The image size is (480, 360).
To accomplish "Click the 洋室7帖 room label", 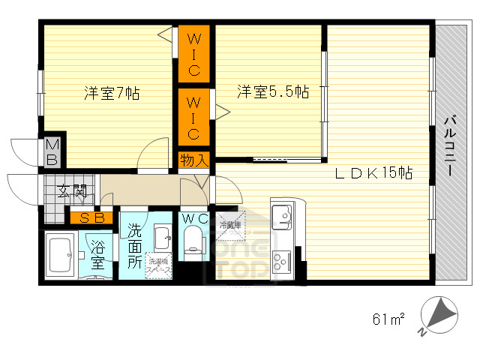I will pyautogui.click(x=111, y=94).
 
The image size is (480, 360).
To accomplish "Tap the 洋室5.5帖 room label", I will pyautogui.click(x=273, y=92).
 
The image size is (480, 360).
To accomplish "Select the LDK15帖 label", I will pyautogui.click(x=373, y=173).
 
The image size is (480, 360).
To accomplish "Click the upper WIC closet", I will pyautogui.click(x=193, y=54).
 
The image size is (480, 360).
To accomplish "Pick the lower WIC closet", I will pyautogui.click(x=193, y=117).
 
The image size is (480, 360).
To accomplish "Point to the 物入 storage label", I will pyautogui.click(x=193, y=160).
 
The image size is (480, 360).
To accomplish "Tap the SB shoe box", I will pyautogui.click(x=92, y=218).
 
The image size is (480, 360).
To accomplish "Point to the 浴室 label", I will pyautogui.click(x=98, y=254).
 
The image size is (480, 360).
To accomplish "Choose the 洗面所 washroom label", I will pyautogui.click(x=134, y=245).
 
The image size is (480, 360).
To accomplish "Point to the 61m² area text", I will pyautogui.click(x=388, y=320).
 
